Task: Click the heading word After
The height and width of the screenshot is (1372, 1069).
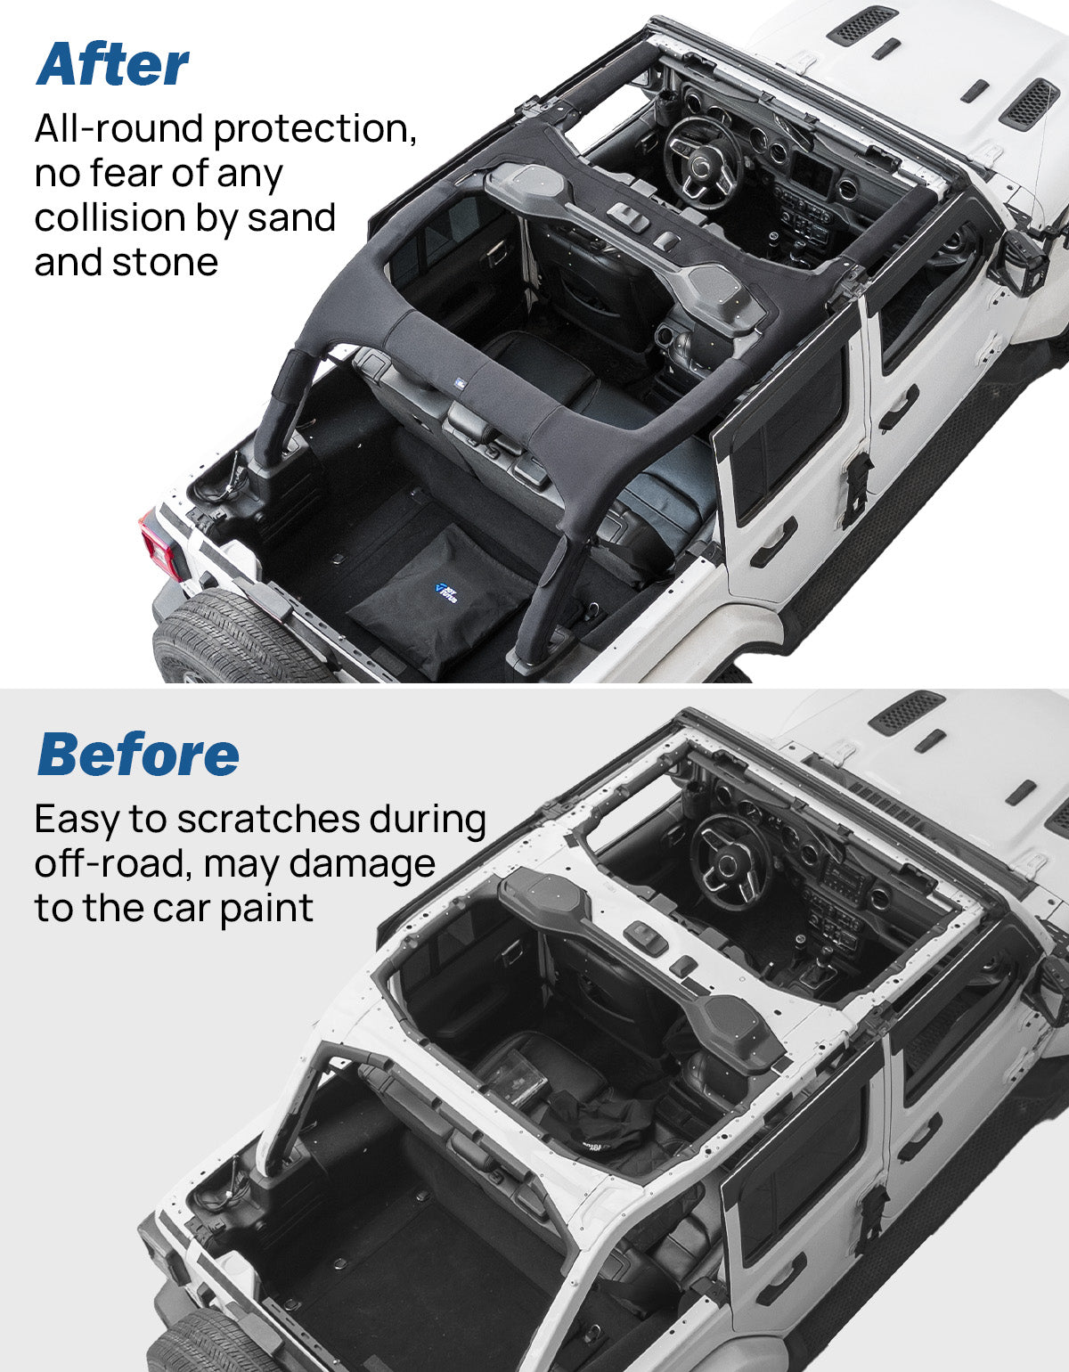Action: (x=112, y=64)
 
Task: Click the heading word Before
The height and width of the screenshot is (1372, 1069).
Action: (x=138, y=755)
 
